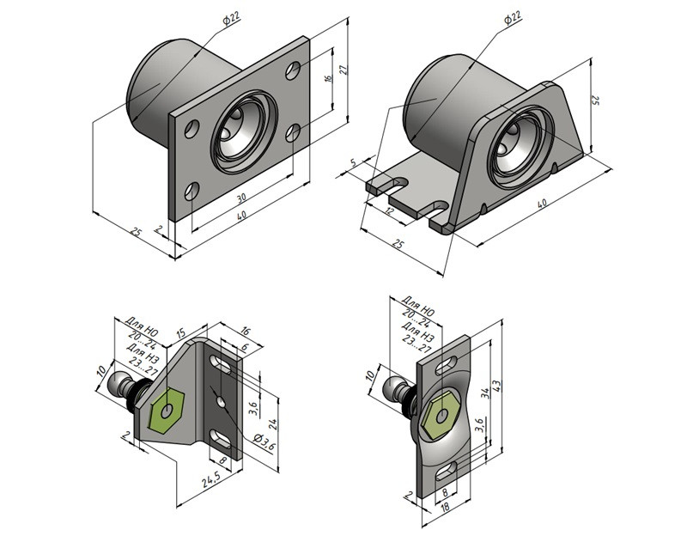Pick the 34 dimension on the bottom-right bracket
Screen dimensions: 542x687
pos(486,393)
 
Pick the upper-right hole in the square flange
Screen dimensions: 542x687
pos(295,68)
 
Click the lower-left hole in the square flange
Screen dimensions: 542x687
pos(192,190)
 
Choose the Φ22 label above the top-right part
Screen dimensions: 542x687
pos(511,18)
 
